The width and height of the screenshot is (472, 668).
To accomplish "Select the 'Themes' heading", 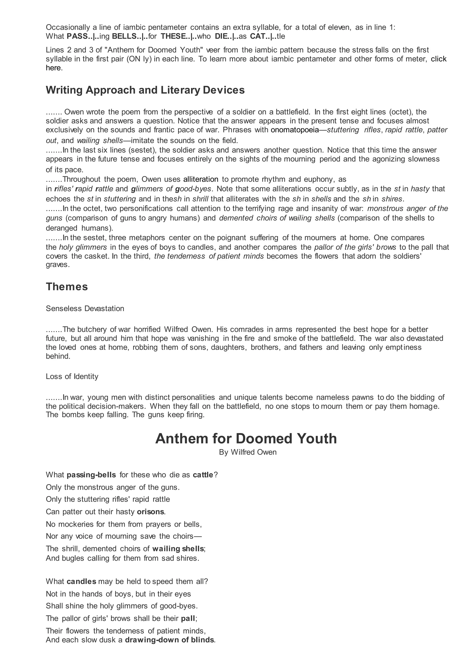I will coord(67,287).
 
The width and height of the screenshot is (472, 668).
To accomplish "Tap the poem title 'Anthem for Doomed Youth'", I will coord(246,439).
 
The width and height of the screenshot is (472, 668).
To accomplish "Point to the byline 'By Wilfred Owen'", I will coord(248,452).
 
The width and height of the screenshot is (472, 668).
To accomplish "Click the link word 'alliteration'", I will coord(201,179).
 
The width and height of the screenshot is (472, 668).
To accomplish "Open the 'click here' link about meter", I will coord(439,59).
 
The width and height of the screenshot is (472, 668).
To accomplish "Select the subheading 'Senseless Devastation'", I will coord(85,309).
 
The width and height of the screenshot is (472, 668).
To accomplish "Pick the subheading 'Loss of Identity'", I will coord(72,376).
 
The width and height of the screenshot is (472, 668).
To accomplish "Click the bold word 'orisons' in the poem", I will coord(150,512).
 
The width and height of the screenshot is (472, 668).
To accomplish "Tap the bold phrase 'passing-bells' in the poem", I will coord(91,475).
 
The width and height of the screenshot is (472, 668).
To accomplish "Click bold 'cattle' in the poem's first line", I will coord(203,475).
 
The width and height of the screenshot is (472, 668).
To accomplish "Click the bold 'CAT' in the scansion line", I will coord(257,36).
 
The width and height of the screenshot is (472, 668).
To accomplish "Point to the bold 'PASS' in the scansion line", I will coord(77,36).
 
